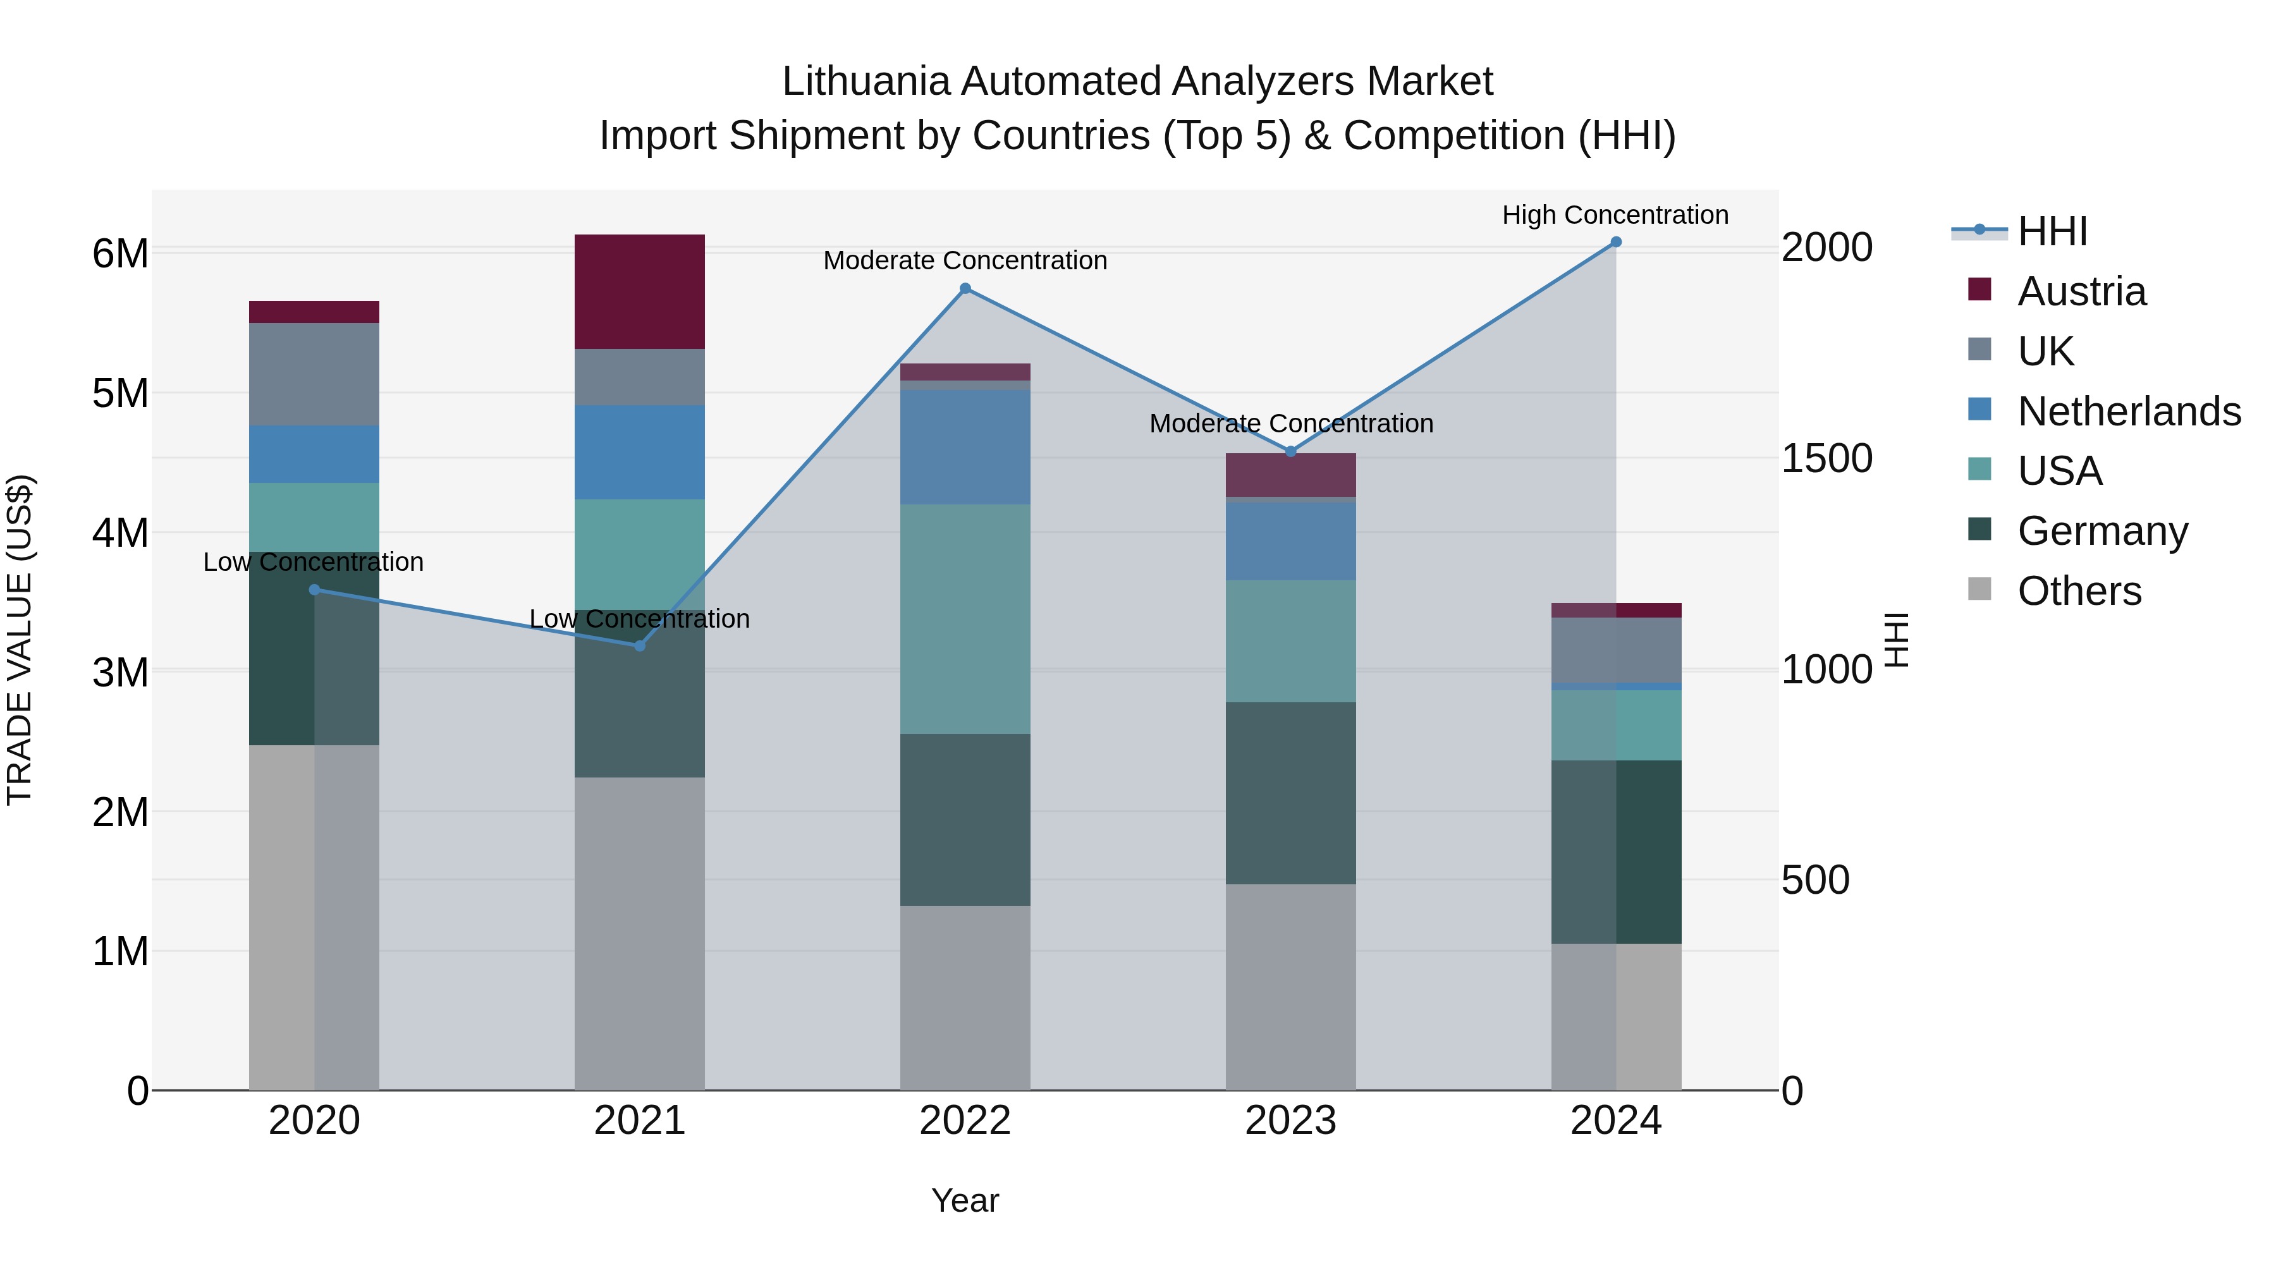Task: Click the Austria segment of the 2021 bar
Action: point(640,291)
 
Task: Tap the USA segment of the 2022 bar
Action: point(965,618)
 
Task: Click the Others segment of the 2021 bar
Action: point(640,933)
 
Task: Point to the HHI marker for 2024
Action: point(1616,242)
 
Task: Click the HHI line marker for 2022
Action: point(965,289)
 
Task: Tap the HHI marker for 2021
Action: point(640,646)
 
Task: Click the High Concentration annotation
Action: point(1615,215)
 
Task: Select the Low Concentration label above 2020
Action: point(313,562)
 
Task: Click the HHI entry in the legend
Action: point(2052,231)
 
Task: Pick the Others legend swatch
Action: point(1980,589)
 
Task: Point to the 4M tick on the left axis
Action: point(120,533)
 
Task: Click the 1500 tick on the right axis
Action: point(1826,458)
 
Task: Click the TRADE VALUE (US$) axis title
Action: point(20,640)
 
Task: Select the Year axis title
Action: point(965,1200)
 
